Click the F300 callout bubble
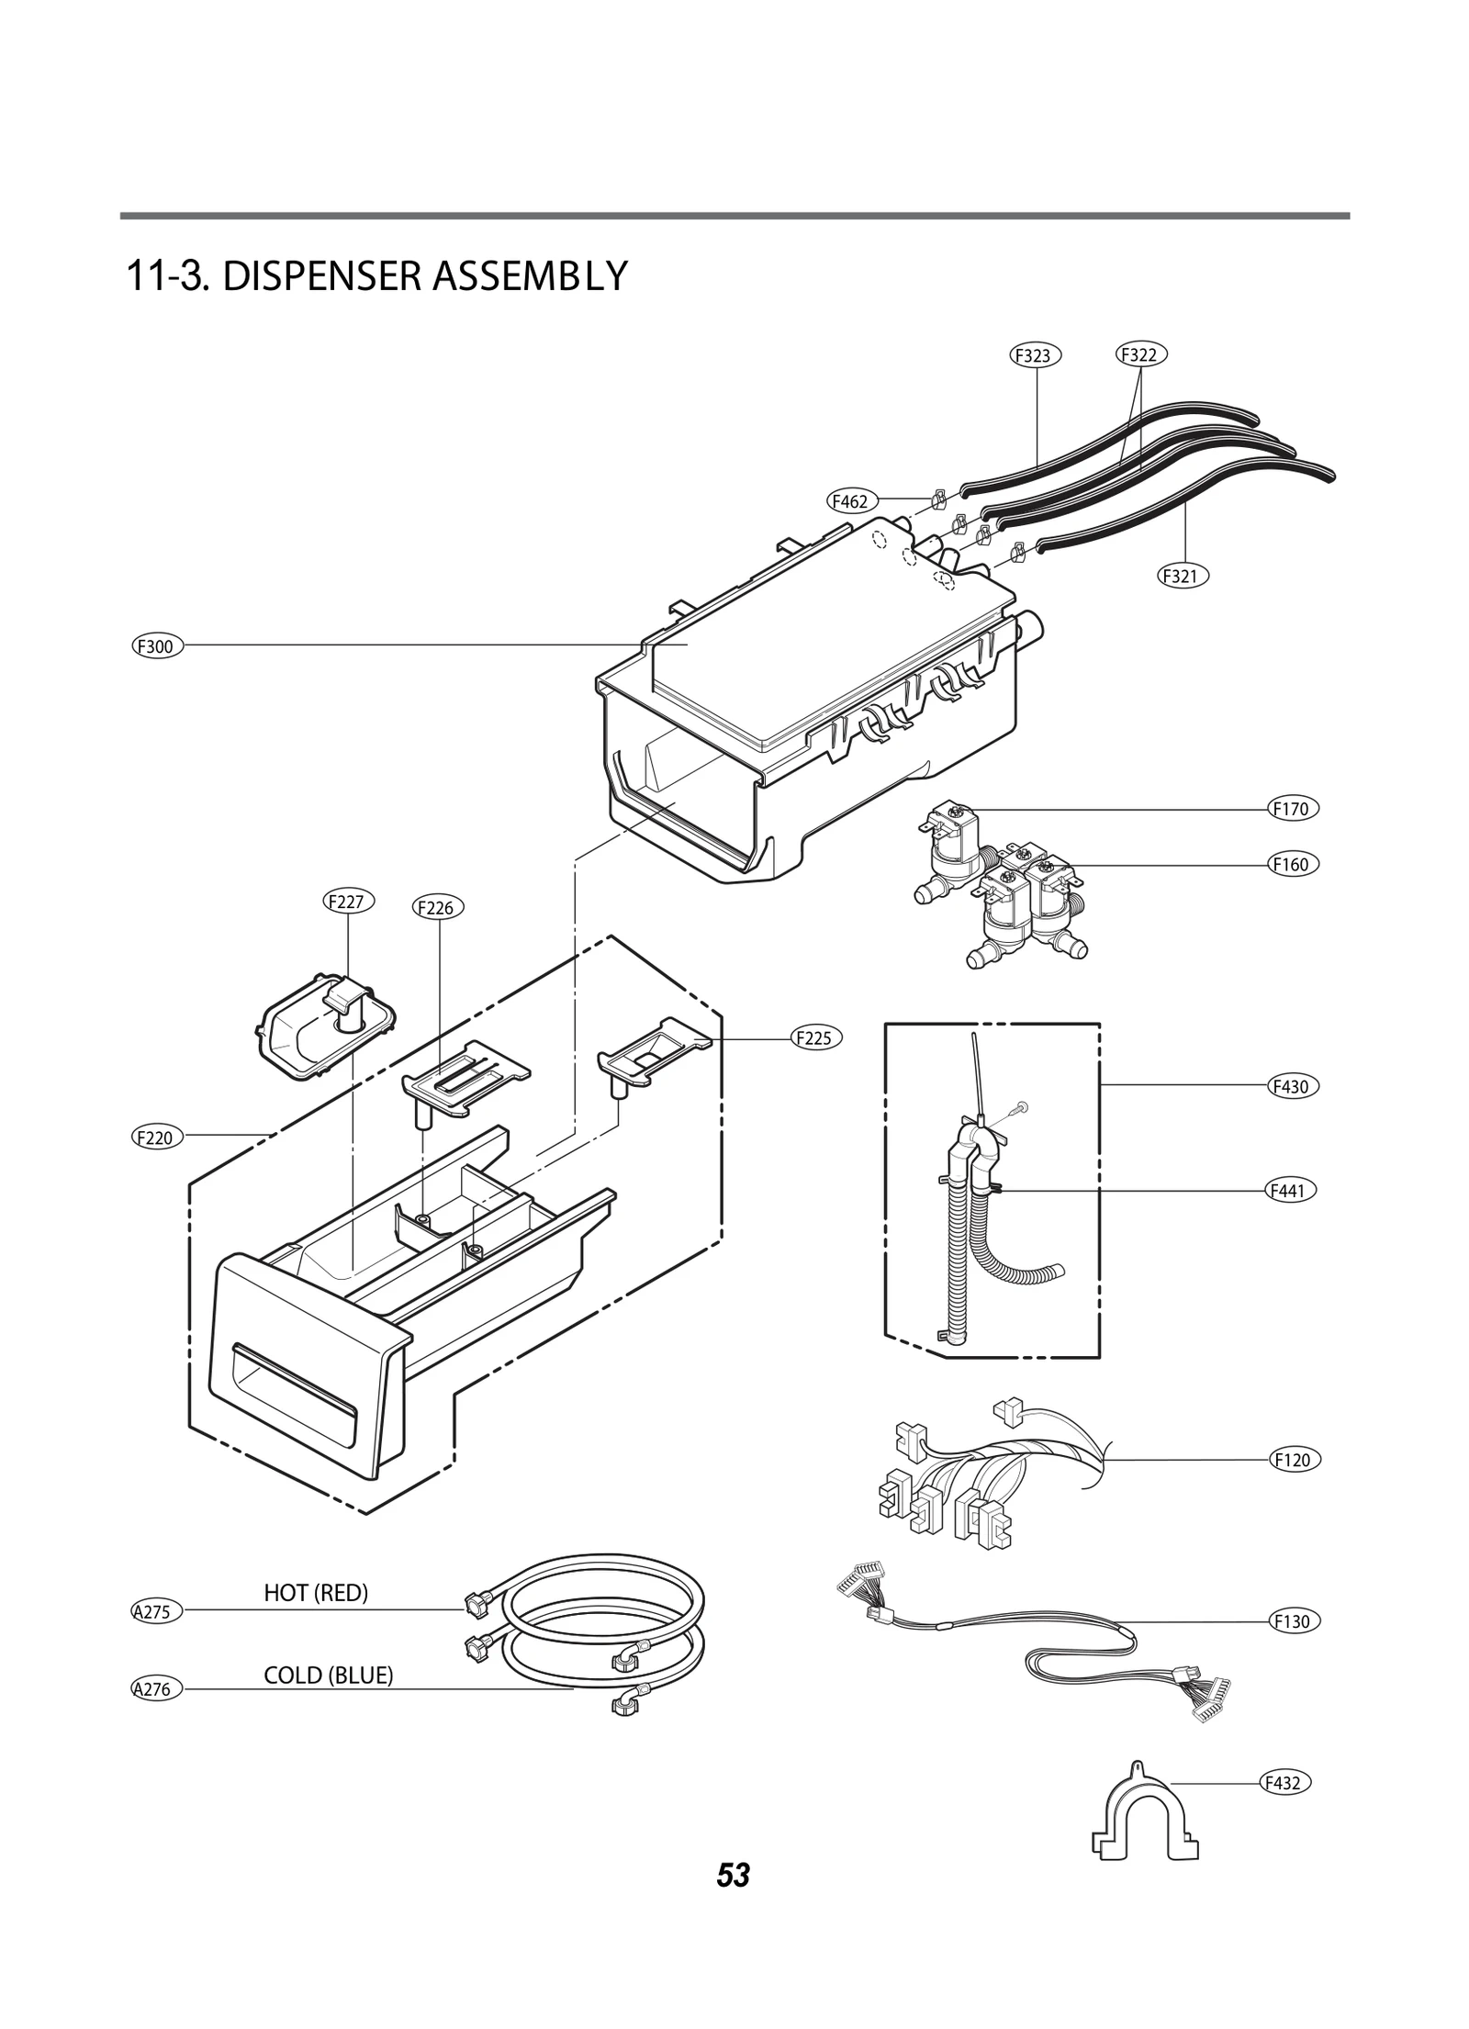pyautogui.click(x=157, y=646)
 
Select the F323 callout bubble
pyautogui.click(x=1035, y=355)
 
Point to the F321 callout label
pyautogui.click(x=1182, y=577)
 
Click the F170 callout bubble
pyautogui.click(x=1293, y=810)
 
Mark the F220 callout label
pyautogui.click(x=157, y=1138)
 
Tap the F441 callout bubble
pyautogui.click(x=1290, y=1192)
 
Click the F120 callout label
pyautogui.click(x=1295, y=1460)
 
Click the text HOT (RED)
pyautogui.click(x=316, y=1593)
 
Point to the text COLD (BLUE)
pyautogui.click(x=328, y=1676)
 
